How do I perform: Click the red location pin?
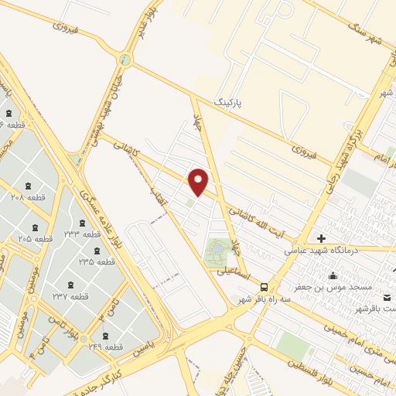point(200,182)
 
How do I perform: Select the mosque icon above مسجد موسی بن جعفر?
point(333,275)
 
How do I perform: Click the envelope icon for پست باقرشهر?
point(388,298)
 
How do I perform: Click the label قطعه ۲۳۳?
point(82,234)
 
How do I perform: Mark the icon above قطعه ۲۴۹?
point(105,336)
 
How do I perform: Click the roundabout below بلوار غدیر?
point(125,60)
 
